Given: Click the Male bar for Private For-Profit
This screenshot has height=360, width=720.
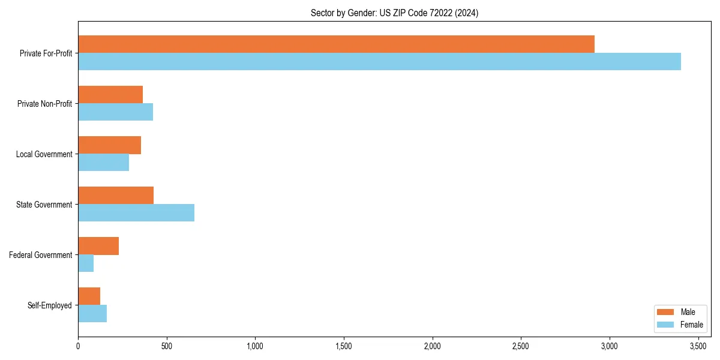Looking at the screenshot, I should click(x=336, y=44).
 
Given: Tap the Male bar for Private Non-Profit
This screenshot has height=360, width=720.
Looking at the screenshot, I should click(x=110, y=95).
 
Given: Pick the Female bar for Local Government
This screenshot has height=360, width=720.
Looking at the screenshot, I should click(x=103, y=163).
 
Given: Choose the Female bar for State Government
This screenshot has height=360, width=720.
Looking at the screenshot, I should click(x=136, y=213).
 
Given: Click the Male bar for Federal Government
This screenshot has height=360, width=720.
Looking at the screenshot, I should click(x=98, y=246).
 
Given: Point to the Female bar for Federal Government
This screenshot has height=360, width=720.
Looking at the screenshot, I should click(x=86, y=263).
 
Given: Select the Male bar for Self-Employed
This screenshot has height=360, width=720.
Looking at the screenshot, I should click(x=89, y=296).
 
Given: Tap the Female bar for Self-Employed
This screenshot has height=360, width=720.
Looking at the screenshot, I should click(x=92, y=314).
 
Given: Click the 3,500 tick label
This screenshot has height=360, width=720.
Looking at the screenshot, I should click(x=698, y=346).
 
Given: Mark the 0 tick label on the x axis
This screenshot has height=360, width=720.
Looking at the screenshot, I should click(x=78, y=346).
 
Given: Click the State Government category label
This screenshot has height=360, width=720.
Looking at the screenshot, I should click(x=44, y=205).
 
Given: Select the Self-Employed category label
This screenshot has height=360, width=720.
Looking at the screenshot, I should click(x=49, y=305).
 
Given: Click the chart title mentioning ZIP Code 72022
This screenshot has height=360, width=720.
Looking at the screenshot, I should click(x=394, y=13).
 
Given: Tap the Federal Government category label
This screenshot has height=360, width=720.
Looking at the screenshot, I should click(x=41, y=255).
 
